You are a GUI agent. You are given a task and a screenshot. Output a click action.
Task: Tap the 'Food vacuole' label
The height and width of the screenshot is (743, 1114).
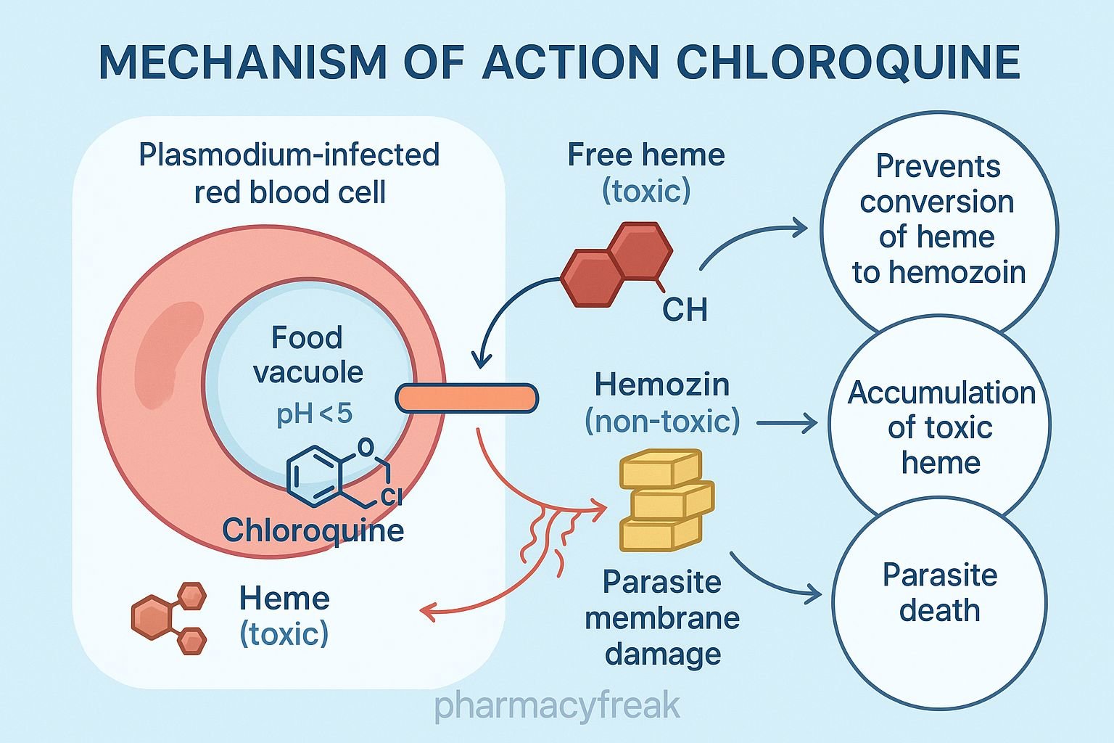308,355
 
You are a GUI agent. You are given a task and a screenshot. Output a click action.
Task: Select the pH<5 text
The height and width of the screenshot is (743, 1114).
314,414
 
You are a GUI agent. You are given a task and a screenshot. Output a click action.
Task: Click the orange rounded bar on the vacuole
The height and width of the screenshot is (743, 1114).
466,398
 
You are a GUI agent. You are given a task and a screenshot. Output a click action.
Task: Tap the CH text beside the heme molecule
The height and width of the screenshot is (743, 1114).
684,310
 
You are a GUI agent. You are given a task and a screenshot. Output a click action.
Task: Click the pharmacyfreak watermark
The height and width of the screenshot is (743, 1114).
557,705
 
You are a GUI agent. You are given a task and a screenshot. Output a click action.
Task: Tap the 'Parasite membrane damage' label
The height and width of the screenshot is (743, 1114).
662,617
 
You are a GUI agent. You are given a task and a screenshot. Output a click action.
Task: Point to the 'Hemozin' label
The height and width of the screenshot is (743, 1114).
661,385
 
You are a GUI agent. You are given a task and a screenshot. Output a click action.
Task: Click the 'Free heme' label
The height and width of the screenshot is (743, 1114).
645,155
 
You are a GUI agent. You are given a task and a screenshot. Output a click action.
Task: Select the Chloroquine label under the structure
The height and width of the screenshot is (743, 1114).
313,530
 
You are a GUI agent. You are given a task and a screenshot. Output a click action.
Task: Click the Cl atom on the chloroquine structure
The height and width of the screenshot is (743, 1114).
391,496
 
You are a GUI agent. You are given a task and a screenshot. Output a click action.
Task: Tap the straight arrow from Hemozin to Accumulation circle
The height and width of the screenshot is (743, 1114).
786,423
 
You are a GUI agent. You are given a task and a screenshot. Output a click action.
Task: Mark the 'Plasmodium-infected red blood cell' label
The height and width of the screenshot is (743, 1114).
289,173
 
